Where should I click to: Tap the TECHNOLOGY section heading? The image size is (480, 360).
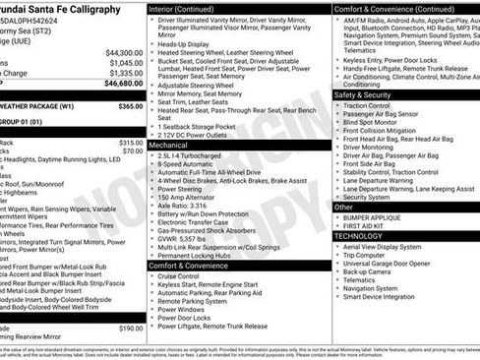click(x=358, y=236)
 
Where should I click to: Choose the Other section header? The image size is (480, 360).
click(x=343, y=207)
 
